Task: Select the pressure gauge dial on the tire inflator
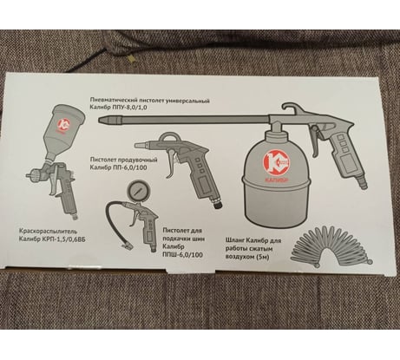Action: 136,190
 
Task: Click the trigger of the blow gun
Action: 172,163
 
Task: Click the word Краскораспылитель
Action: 48,232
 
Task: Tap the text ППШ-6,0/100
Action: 182,255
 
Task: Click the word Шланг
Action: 235,240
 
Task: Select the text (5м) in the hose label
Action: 263,257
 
